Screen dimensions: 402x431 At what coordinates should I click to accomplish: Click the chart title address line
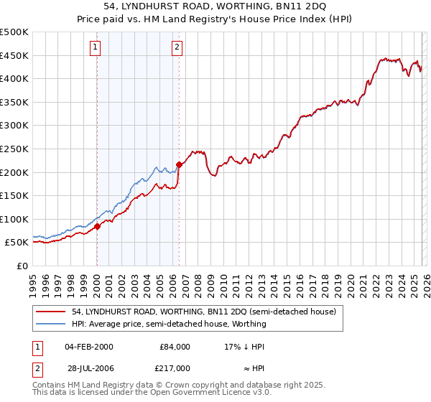pos(215,6)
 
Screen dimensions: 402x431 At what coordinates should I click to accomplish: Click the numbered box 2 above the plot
pos(177,48)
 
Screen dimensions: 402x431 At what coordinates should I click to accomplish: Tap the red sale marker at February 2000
pos(97,226)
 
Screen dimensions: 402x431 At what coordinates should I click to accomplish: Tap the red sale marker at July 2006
pos(179,164)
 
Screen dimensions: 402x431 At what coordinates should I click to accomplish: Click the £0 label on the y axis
pos(22,266)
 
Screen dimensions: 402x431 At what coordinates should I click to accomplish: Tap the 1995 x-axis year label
pos(33,284)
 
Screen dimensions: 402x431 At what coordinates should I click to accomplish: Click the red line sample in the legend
pos(51,312)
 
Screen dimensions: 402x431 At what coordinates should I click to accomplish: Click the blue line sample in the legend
pos(51,324)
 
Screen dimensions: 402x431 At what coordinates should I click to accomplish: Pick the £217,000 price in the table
pos(175,368)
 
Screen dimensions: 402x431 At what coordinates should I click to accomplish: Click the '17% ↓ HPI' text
pos(245,346)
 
